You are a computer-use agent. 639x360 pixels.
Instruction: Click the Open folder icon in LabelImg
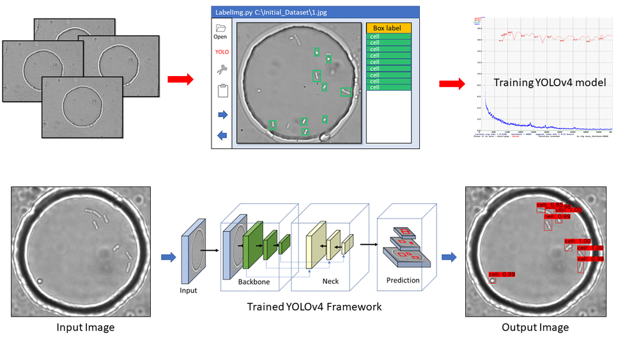click(x=220, y=29)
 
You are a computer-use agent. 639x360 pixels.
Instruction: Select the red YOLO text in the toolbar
click(x=221, y=52)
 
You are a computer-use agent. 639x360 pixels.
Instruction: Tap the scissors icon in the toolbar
click(x=221, y=70)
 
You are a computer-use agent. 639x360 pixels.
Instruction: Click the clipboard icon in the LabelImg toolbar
click(x=222, y=90)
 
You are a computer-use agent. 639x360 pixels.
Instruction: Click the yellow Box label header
click(x=389, y=28)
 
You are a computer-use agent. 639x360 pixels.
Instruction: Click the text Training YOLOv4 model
click(x=550, y=82)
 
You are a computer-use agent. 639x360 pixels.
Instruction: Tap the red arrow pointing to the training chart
click(x=452, y=84)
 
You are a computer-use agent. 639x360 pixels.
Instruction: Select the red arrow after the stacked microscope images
click(x=180, y=79)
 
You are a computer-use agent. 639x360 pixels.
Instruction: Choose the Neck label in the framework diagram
click(x=330, y=281)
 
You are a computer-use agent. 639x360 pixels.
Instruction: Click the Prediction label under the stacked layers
click(x=403, y=280)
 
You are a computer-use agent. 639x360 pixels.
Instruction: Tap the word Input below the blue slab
click(x=189, y=290)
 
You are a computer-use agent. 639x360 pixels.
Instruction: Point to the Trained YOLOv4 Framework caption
click(x=314, y=307)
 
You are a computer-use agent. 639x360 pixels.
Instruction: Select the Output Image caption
click(x=535, y=328)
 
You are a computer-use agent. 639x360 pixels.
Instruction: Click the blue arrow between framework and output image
click(x=450, y=257)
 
